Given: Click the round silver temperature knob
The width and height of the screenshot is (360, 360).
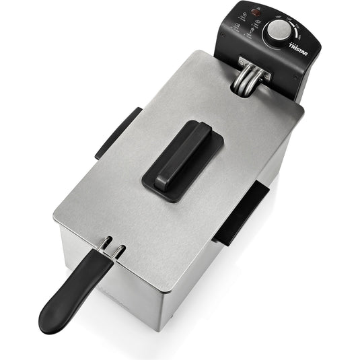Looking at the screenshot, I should click(277, 32).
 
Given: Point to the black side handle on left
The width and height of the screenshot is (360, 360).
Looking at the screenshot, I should click(117, 132).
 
